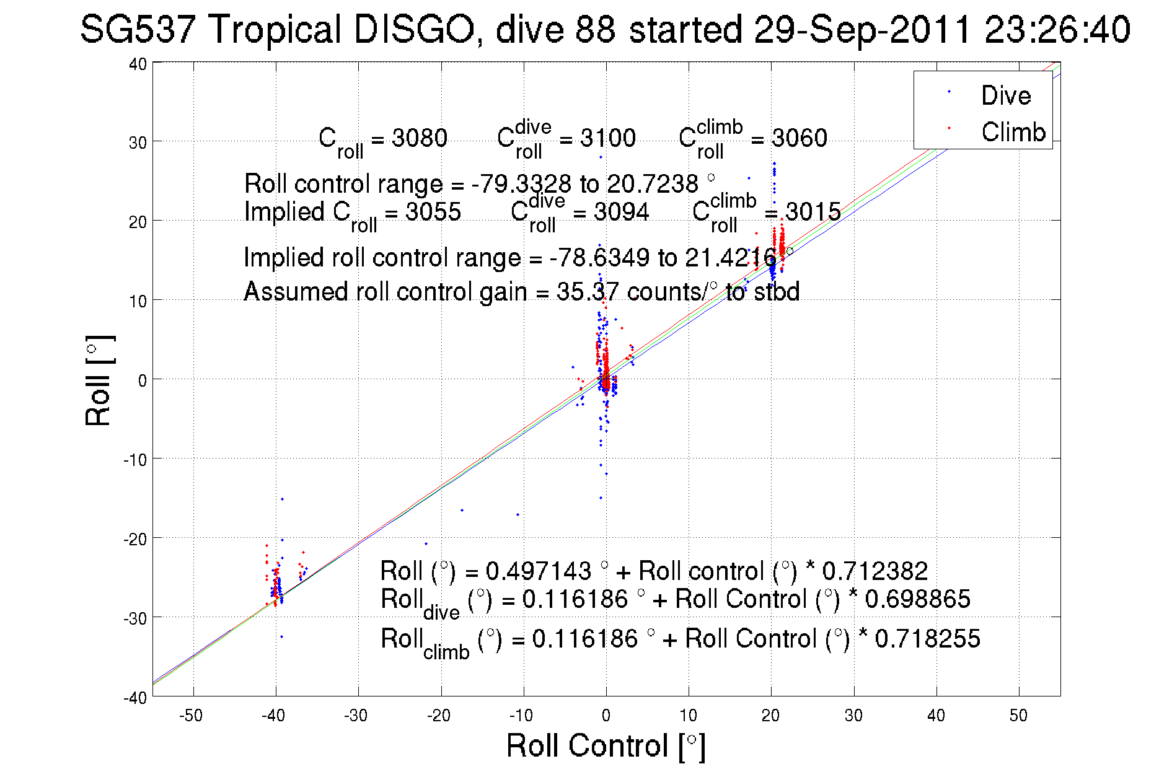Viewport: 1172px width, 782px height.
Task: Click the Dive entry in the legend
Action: pyautogui.click(x=1005, y=95)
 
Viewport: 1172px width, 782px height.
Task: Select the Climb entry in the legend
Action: pyautogui.click(x=1013, y=132)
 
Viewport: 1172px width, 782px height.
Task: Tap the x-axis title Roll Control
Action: pyautogui.click(x=606, y=745)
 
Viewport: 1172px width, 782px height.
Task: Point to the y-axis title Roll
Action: pyautogui.click(x=99, y=380)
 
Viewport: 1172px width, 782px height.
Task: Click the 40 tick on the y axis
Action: pyautogui.click(x=138, y=64)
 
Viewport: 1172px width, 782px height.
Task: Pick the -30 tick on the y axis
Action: pyautogui.click(x=136, y=618)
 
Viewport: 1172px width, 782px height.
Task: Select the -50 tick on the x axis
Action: pyautogui.click(x=191, y=716)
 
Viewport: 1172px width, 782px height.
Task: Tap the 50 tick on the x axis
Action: pyautogui.click(x=1018, y=716)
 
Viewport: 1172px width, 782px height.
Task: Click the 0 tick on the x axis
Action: pyautogui.click(x=606, y=716)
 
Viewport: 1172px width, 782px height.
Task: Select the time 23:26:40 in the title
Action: pyautogui.click(x=1057, y=29)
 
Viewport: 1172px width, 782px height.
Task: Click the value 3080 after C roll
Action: pyautogui.click(x=420, y=138)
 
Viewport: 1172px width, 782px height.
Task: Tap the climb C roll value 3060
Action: pyautogui.click(x=800, y=138)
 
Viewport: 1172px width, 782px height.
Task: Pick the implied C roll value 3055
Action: pyautogui.click(x=433, y=212)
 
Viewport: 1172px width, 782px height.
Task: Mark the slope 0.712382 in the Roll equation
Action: pyautogui.click(x=875, y=571)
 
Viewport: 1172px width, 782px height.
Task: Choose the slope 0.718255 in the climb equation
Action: pyautogui.click(x=927, y=638)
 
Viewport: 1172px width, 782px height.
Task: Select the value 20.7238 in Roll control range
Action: pyautogui.click(x=652, y=184)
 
